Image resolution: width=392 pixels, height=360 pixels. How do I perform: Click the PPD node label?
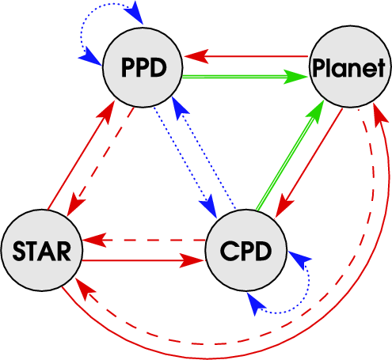[144, 67]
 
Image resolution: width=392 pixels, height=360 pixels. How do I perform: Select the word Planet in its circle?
[348, 68]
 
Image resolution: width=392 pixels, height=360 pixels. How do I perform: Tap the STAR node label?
[42, 251]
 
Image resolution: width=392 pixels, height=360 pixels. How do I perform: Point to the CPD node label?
[245, 251]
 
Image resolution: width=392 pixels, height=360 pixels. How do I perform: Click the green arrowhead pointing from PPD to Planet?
[295, 77]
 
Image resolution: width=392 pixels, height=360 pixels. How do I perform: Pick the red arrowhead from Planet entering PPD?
[196, 56]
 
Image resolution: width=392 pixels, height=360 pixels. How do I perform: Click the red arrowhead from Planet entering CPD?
[284, 206]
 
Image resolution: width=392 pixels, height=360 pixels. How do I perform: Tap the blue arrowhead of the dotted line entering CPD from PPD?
[209, 207]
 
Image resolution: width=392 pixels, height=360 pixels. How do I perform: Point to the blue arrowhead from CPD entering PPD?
[180, 108]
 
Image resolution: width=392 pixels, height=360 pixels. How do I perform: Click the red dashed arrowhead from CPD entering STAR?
[94, 240]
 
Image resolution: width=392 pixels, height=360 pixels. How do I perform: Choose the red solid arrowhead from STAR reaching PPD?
[106, 112]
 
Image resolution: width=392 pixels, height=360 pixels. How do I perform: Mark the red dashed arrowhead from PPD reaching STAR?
[76, 205]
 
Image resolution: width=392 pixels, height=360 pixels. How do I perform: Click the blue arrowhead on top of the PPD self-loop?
[134, 13]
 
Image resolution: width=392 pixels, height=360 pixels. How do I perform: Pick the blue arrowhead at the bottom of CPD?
[255, 304]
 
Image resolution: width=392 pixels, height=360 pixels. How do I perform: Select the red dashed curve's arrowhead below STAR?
[85, 289]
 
